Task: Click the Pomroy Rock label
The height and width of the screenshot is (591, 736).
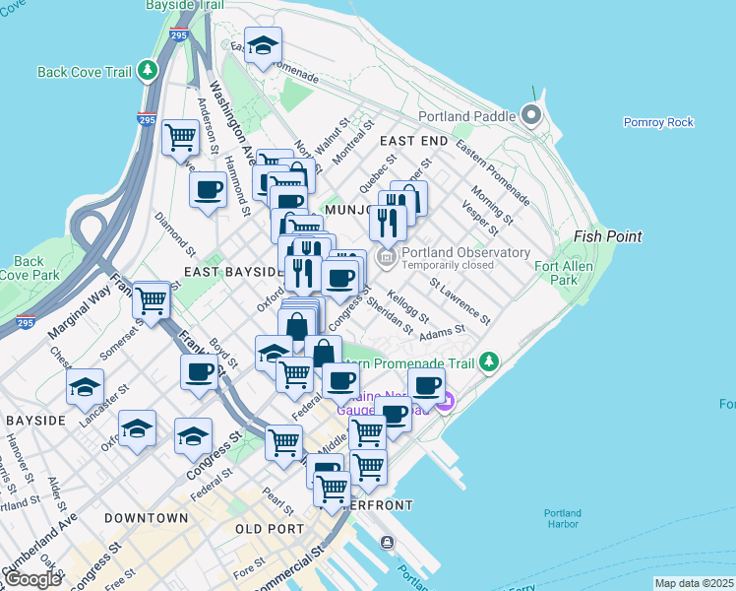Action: [x=658, y=122]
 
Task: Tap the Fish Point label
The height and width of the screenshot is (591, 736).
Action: [x=608, y=236]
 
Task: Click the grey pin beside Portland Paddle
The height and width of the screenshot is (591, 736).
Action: [x=532, y=116]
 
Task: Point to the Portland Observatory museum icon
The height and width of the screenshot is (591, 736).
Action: [x=386, y=258]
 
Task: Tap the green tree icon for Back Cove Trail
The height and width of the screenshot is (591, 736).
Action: [x=148, y=71]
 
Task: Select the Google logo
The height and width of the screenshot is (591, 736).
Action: [x=31, y=579]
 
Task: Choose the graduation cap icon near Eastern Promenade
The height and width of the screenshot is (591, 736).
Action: [x=263, y=46]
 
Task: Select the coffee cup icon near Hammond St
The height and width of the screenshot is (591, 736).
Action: [x=208, y=189]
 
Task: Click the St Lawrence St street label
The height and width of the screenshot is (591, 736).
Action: [x=460, y=301]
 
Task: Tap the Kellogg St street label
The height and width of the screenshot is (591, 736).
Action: [x=408, y=306]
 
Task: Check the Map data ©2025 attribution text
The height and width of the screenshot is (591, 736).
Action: [x=694, y=583]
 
